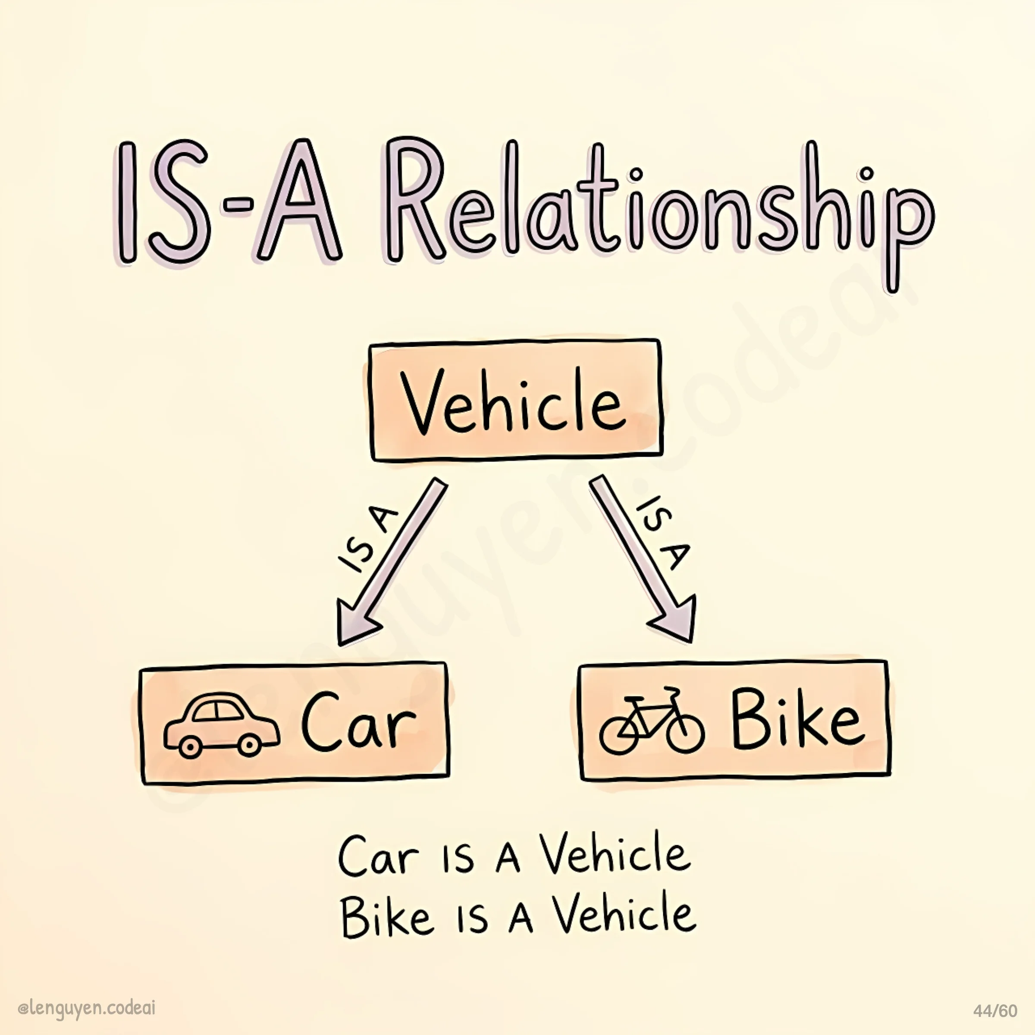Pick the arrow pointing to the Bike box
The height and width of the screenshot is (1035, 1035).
(643, 560)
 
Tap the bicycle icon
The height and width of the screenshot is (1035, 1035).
(651, 721)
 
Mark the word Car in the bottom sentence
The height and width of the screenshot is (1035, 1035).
(378, 857)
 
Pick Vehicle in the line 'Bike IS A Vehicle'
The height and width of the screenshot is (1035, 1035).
(624, 913)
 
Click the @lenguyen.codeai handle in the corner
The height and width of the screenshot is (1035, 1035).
(86, 1008)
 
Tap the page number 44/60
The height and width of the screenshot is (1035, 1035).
(995, 1011)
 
